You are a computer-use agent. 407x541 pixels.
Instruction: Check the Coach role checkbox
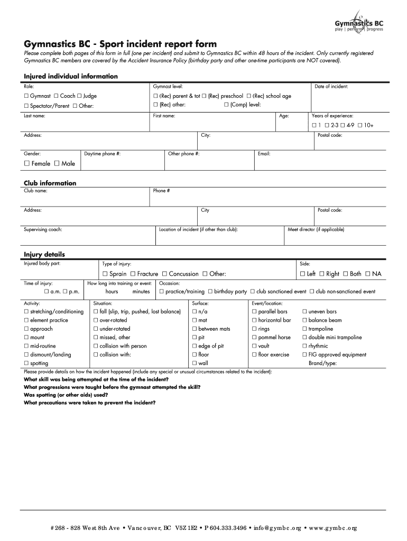(x=56, y=96)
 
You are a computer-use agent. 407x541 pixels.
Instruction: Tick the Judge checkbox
(x=79, y=96)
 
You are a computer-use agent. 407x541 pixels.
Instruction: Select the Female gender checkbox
(x=27, y=164)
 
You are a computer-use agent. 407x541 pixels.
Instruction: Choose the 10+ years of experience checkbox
(x=359, y=125)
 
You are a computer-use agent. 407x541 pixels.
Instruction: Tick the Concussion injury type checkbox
(x=164, y=274)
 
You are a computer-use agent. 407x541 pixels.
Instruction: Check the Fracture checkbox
(x=133, y=274)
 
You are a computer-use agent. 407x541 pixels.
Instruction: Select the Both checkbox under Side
(x=345, y=274)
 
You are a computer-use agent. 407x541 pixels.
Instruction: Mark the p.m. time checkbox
(x=64, y=292)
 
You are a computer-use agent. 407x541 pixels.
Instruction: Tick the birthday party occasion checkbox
(x=210, y=292)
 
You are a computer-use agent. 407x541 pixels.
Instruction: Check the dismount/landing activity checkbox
(x=26, y=355)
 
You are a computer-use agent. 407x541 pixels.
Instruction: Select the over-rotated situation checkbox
(x=96, y=320)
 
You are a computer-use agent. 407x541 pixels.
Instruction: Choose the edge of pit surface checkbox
(x=195, y=346)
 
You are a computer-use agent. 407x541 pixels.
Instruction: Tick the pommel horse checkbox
(x=254, y=338)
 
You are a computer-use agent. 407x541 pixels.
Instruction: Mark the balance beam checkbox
(x=304, y=320)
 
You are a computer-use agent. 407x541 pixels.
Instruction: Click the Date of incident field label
(x=331, y=86)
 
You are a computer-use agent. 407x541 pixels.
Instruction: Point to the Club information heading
(x=50, y=183)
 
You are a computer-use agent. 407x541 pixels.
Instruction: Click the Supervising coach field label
(x=43, y=230)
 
